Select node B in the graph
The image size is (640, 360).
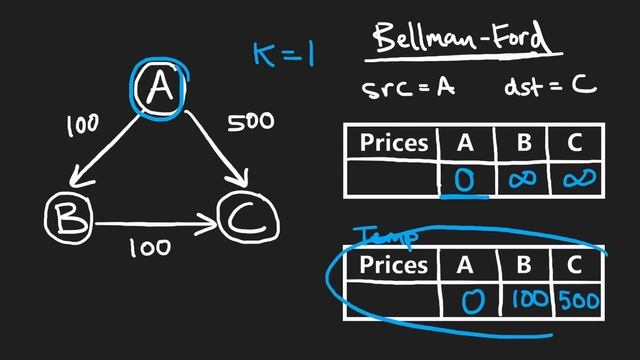(69, 217)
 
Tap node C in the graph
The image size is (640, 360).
(244, 219)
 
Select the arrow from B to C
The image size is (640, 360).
(155, 220)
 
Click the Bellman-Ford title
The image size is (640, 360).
(461, 40)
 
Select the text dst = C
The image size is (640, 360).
(550, 86)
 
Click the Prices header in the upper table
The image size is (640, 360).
(393, 142)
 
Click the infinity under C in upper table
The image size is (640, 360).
(578, 179)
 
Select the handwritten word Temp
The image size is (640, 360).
(386, 236)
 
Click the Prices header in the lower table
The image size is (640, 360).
(393, 265)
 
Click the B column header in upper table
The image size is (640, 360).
(523, 142)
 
